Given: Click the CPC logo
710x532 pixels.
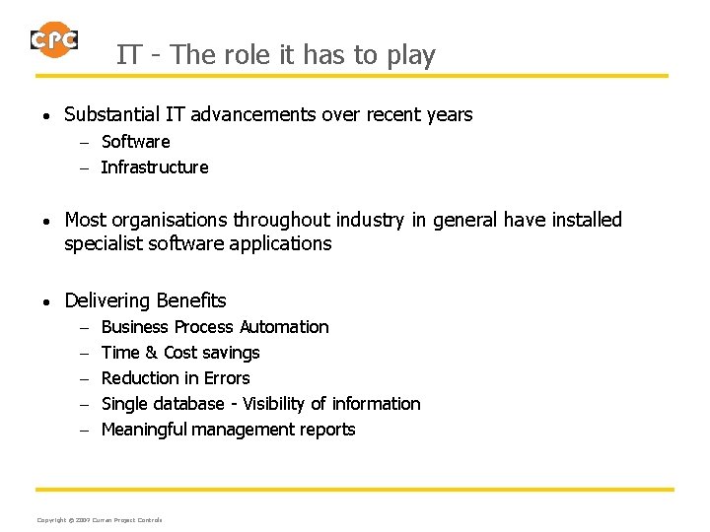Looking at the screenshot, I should pos(53,39).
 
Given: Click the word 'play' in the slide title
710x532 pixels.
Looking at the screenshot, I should pos(411,55).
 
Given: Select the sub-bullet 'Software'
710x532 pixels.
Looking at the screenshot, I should pos(135,142).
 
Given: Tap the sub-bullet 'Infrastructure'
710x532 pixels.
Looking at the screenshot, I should pos(155,167).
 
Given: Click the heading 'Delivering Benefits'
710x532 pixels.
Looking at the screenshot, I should pos(145,301).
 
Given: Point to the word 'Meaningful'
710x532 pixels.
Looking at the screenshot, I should pos(144,430).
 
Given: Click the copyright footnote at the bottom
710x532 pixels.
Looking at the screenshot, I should pos(99,520).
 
